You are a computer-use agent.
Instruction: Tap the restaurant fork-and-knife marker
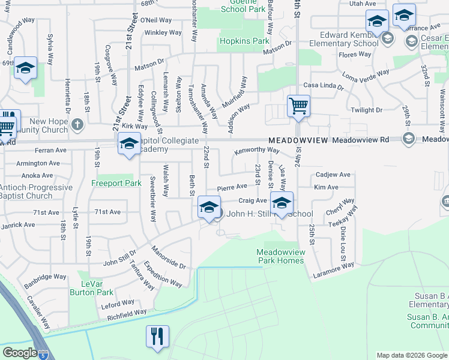158,337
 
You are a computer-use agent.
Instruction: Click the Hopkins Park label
244,41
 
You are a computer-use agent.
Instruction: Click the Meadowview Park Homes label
281,256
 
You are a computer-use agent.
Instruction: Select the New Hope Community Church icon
77,124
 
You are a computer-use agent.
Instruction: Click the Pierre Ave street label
232,187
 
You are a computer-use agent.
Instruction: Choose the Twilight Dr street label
366,110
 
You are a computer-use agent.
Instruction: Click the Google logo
20,353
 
